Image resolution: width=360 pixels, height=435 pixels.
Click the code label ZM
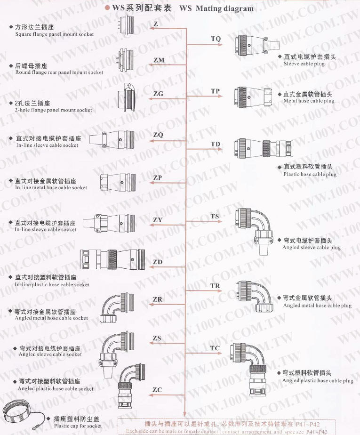pos(159,60)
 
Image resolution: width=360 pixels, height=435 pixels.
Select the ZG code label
pos(158,94)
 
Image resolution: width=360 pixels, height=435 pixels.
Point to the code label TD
pos(216,144)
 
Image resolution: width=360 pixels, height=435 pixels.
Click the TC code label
pos(215,348)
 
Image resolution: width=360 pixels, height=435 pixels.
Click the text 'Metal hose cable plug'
pos(309,101)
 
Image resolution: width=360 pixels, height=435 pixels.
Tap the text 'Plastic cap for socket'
pos(78,426)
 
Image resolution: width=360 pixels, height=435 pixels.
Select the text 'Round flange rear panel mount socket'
pos(59,72)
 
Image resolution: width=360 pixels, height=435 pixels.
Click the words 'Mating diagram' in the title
pos(224,8)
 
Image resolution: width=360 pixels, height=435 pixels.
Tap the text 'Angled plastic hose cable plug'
pos(318,380)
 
